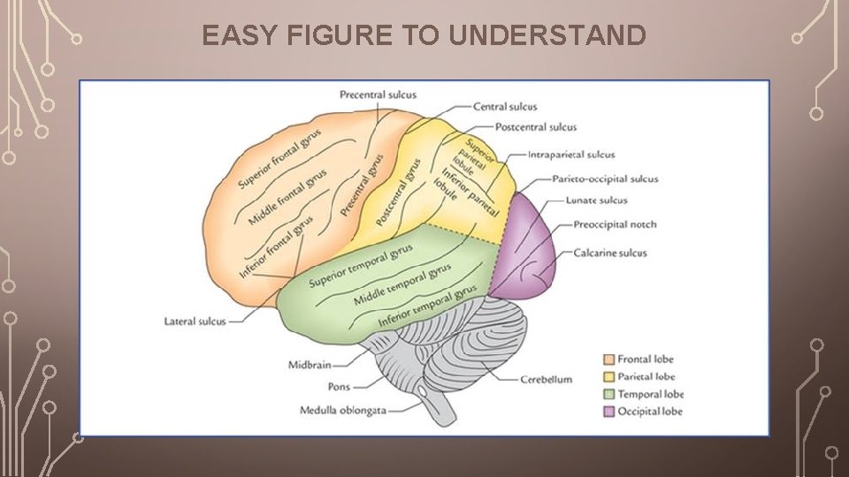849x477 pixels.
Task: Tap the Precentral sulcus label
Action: [378, 95]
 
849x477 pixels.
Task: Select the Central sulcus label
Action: [505, 107]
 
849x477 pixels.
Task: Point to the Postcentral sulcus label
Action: [536, 127]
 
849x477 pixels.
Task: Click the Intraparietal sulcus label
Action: [571, 155]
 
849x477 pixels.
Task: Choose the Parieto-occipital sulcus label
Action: [606, 178]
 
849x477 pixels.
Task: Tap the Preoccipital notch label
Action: [615, 224]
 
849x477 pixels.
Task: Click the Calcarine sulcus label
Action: [610, 253]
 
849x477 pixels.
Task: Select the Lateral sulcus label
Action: [195, 322]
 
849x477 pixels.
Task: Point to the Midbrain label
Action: [310, 364]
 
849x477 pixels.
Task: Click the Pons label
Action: [339, 387]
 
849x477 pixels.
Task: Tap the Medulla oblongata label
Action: [343, 410]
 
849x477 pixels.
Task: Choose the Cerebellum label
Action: [546, 380]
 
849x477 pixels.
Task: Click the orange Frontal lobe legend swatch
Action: [608, 360]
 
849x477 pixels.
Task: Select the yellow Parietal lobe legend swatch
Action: [608, 377]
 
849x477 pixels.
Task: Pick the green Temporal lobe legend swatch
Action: [608, 394]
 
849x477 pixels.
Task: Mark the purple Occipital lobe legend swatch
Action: [608, 412]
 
